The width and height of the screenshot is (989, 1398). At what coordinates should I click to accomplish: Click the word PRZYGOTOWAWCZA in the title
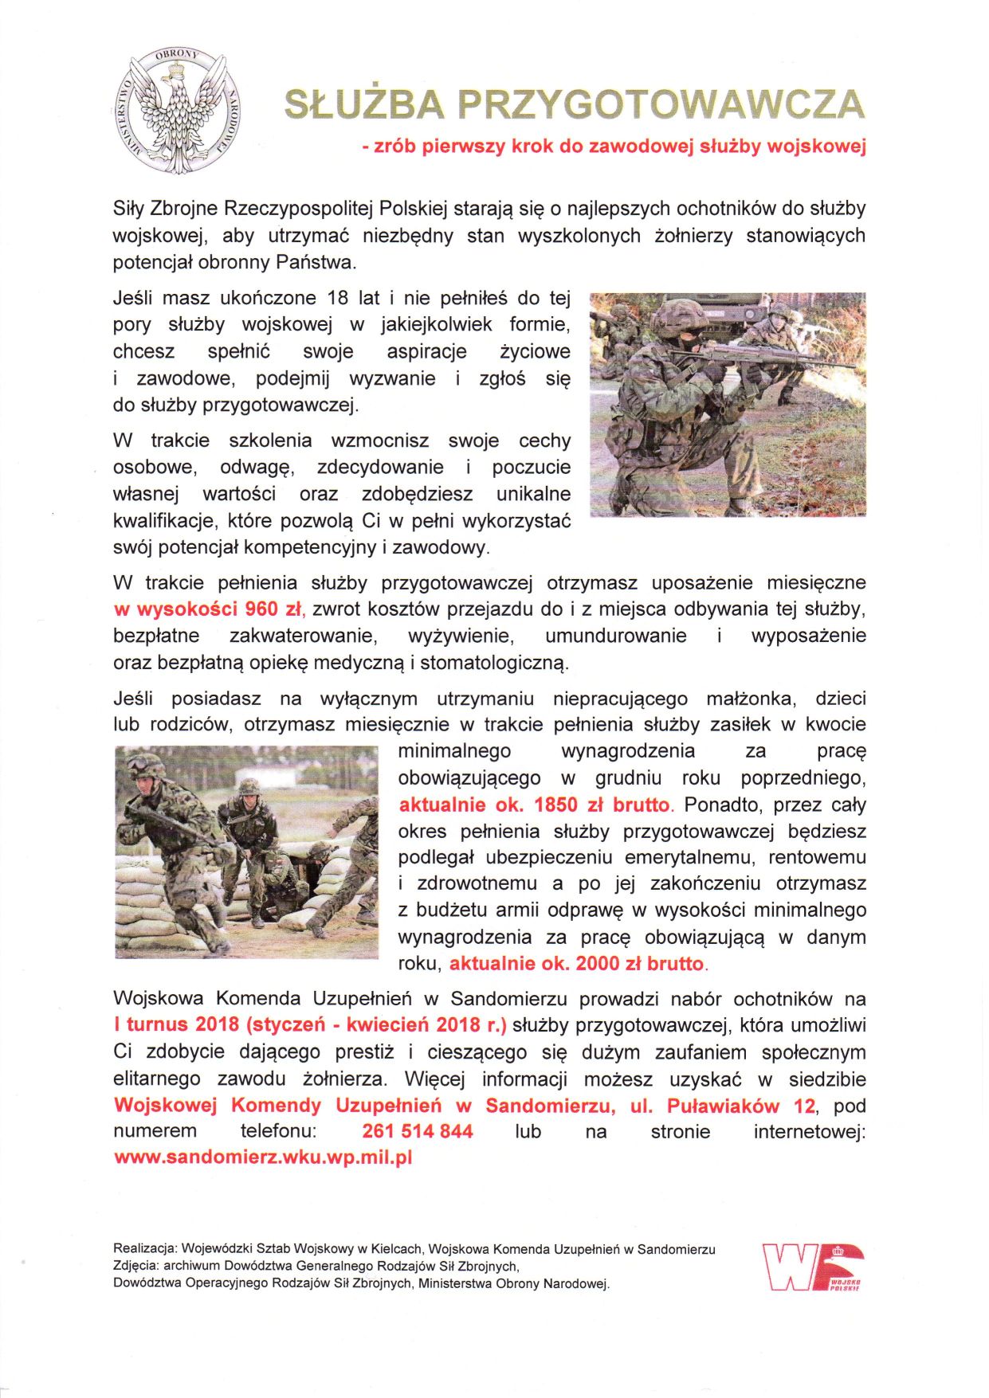[661, 105]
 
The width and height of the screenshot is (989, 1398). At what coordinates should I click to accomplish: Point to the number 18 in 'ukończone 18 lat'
[337, 299]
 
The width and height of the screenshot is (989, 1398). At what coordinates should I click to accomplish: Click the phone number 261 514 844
[417, 1132]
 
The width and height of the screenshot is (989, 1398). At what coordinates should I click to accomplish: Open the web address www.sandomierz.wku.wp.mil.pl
[263, 1158]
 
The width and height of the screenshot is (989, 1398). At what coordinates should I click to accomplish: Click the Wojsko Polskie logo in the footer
[813, 1267]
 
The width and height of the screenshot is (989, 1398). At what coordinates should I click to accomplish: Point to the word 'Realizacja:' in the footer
[144, 1249]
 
